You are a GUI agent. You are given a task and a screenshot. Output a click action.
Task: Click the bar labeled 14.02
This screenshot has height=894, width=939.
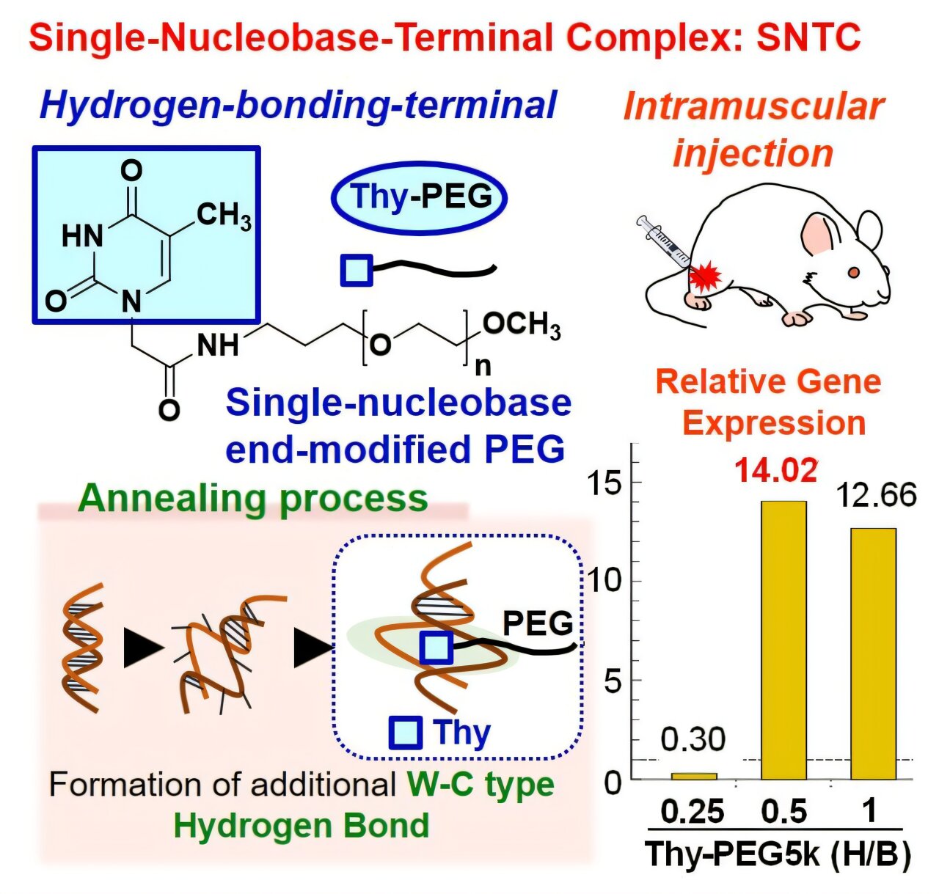(783, 640)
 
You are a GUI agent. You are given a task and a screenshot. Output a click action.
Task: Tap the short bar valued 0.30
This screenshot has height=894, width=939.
(694, 775)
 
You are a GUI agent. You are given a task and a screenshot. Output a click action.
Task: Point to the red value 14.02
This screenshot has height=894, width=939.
(776, 470)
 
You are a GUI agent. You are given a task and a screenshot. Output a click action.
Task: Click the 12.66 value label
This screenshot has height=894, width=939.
(877, 496)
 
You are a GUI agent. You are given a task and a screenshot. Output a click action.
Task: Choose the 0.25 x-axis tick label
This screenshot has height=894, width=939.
(693, 811)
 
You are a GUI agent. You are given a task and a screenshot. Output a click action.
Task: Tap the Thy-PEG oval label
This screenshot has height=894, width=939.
(420, 197)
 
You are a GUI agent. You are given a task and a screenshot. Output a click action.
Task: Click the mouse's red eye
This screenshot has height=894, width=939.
(853, 272)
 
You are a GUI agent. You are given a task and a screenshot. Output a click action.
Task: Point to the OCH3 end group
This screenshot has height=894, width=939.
(522, 324)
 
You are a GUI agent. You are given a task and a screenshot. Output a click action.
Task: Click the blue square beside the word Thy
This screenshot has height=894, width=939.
(405, 732)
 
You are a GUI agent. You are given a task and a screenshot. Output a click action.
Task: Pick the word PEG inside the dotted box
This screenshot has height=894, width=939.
(538, 623)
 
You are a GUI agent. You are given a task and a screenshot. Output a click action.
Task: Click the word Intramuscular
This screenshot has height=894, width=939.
(753, 106)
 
